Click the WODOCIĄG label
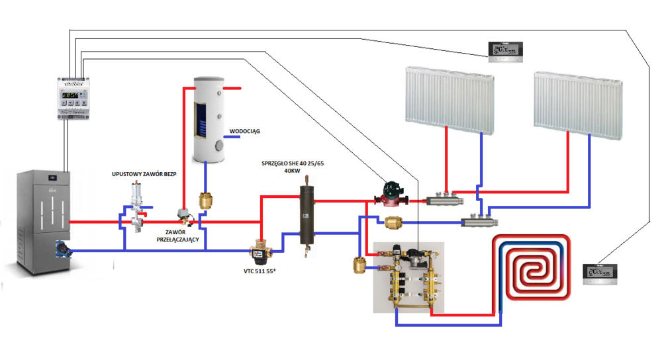[x=244, y=131]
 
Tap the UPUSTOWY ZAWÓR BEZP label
[x=142, y=174]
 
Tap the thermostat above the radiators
[x=506, y=52]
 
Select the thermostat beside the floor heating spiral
[x=600, y=273]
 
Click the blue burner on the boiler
[x=63, y=247]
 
